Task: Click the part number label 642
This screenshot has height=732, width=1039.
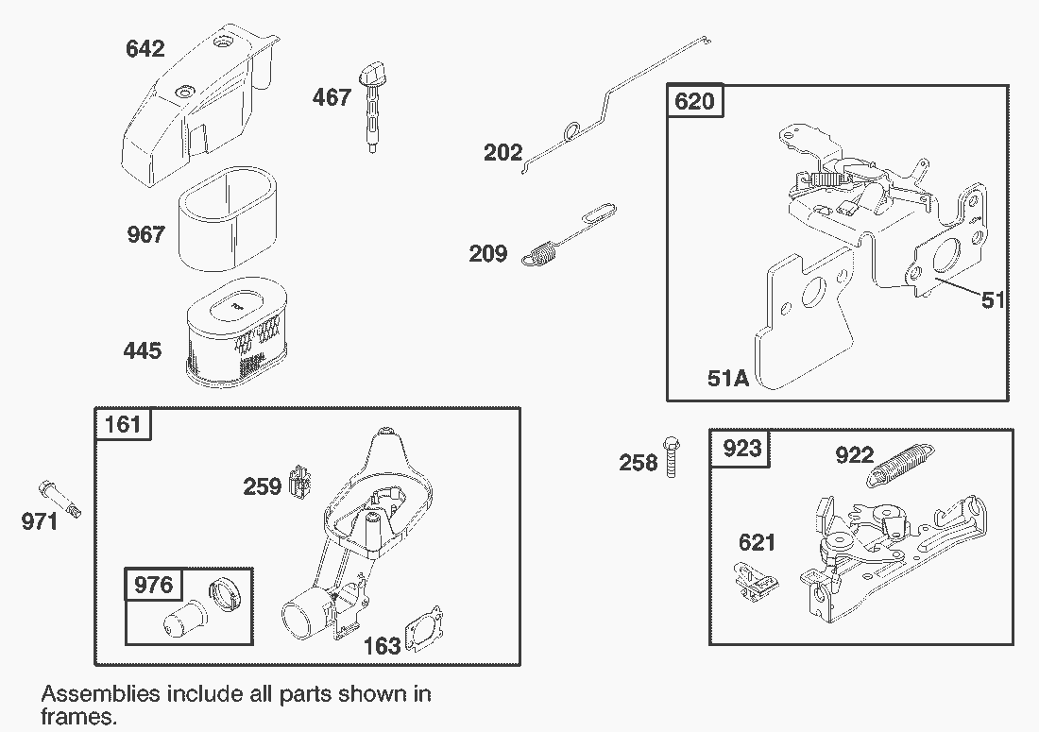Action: [x=145, y=48]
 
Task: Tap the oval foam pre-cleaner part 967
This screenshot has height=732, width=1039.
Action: [x=228, y=218]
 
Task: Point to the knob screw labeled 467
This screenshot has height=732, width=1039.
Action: [x=372, y=108]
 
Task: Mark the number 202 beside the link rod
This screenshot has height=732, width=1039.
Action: [x=502, y=153]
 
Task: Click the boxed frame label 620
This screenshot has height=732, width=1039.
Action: [x=694, y=101]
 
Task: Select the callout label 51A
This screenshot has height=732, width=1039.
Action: [x=728, y=378]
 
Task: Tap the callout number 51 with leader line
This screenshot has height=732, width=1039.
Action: [x=993, y=300]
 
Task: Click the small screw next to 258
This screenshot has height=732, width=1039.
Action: [x=671, y=457]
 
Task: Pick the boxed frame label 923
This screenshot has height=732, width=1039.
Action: [x=741, y=449]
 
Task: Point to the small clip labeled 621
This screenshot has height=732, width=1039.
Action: [x=756, y=582]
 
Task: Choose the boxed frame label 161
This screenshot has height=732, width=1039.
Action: [x=123, y=424]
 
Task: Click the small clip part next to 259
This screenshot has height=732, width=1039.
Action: [x=301, y=482]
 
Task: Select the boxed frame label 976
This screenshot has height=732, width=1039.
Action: [x=153, y=585]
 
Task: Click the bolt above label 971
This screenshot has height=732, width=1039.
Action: [x=60, y=499]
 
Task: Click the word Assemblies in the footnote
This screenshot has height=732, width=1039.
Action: [x=101, y=694]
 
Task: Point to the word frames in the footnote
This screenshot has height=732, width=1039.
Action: [x=78, y=717]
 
